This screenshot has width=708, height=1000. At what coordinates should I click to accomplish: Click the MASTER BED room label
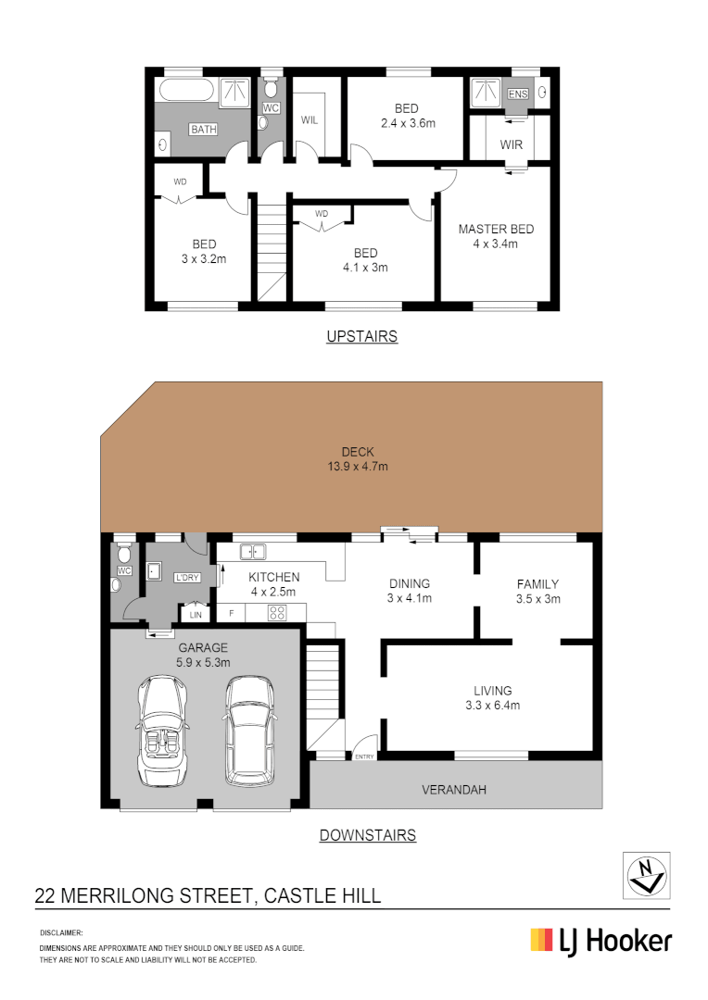496,230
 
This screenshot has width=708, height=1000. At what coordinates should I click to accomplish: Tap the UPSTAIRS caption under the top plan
361,336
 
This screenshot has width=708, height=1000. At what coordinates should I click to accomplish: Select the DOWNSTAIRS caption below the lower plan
367,835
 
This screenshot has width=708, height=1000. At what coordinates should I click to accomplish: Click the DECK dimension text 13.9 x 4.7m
358,467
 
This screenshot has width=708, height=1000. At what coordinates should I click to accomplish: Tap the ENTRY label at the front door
364,757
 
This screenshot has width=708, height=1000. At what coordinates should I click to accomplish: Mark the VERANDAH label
454,790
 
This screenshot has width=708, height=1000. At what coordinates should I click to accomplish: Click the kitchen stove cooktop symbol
276,612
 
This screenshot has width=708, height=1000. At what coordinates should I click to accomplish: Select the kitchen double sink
253,552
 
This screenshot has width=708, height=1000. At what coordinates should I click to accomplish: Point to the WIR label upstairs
512,145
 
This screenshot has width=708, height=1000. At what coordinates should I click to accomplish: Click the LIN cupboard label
196,614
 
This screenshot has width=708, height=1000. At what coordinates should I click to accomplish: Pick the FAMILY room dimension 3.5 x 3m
537,599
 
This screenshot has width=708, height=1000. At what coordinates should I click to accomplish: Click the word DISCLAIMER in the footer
61,932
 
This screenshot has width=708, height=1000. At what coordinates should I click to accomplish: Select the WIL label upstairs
309,119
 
